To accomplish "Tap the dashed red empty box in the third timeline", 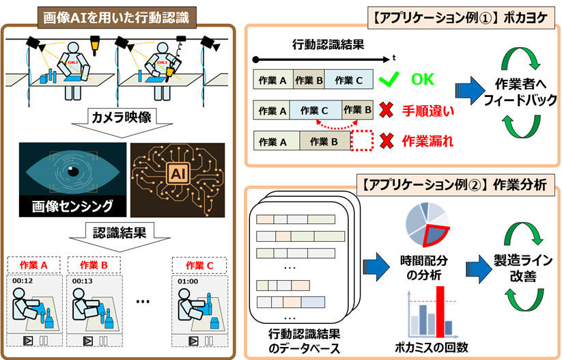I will (363, 141).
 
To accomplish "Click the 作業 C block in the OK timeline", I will (349, 80).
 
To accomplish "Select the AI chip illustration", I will (177, 171).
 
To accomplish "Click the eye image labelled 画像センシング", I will (72, 171).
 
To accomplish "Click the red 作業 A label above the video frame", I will (33, 264).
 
